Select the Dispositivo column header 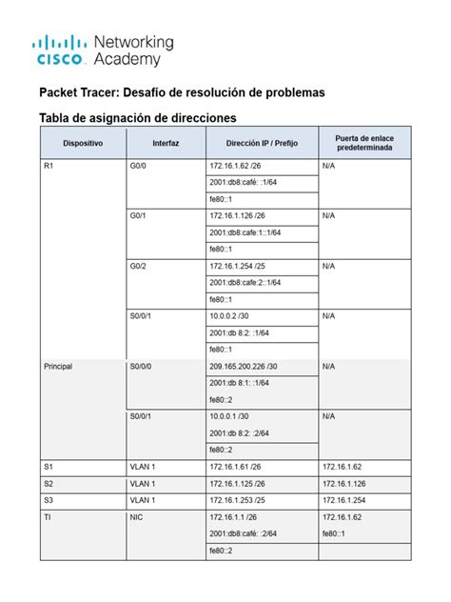tap(83, 142)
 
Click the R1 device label tap(49, 166)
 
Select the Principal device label tap(58, 365)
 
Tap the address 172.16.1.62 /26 tap(234, 166)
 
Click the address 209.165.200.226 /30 tap(244, 365)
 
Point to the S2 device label tap(49, 483)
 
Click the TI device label tap(48, 516)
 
